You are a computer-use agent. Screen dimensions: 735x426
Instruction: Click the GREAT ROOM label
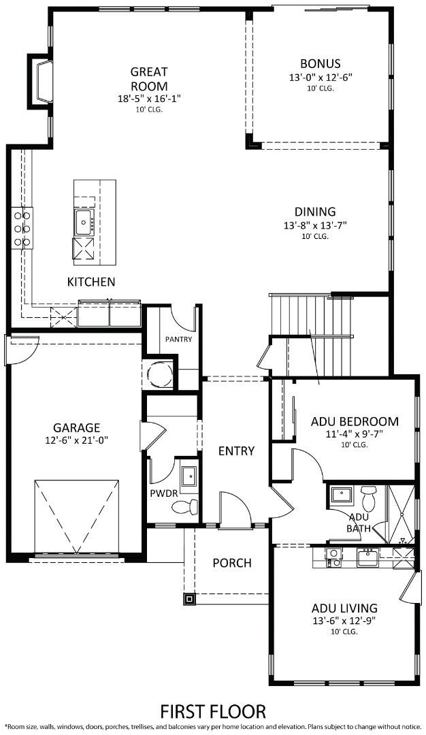point(149,78)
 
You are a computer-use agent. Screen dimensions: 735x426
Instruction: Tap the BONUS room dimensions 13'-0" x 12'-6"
point(320,78)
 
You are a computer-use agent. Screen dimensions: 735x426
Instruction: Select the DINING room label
point(315,212)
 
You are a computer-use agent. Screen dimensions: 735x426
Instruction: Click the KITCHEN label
point(91,282)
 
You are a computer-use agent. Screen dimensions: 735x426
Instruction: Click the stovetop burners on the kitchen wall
point(21,228)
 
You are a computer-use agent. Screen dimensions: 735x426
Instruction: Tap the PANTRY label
point(178,340)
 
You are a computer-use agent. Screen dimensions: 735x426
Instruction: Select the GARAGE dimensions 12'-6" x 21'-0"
point(76,440)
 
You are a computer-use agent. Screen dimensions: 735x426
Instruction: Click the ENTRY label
point(236,451)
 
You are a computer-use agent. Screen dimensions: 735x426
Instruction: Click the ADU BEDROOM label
point(355,421)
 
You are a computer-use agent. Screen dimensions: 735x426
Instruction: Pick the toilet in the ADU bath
point(368,499)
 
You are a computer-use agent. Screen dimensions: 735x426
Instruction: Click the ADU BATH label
point(359,522)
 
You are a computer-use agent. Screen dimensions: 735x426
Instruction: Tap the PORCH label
point(231,563)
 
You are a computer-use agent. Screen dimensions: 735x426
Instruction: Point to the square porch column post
point(189,599)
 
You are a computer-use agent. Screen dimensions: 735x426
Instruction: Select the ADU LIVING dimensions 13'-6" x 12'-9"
point(344,621)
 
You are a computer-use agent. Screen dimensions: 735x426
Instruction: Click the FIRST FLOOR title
point(213,711)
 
